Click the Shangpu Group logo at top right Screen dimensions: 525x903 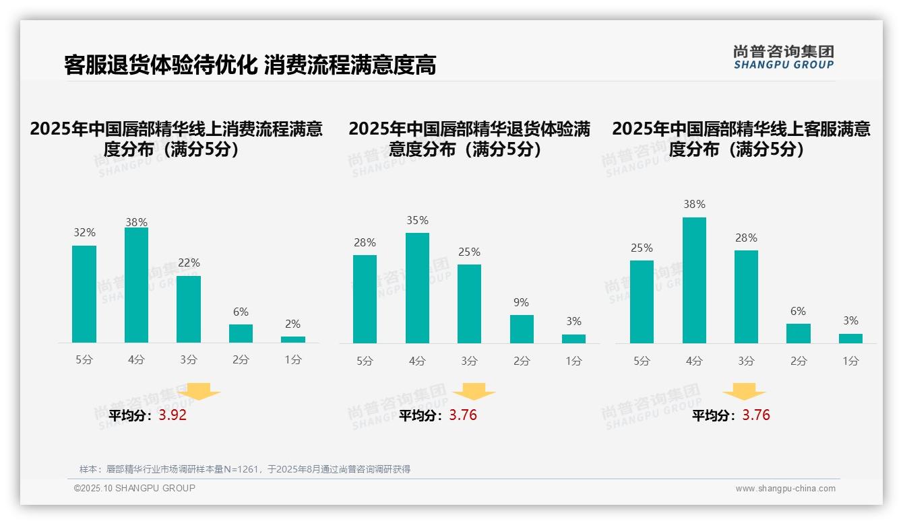783,57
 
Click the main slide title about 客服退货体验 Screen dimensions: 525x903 250,65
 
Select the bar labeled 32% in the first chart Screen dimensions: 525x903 84,294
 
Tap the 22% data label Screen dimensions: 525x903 188,262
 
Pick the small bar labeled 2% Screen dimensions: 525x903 293,339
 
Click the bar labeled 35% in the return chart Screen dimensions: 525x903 417,288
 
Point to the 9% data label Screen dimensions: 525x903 521,302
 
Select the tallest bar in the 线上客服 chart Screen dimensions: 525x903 694,280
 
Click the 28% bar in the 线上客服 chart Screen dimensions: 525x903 746,297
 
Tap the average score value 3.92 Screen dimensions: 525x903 173,415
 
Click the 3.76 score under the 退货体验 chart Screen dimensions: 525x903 463,415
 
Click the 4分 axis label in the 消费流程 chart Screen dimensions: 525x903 136,360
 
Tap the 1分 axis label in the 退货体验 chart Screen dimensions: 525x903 573,361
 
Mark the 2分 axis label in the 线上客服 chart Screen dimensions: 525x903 799,361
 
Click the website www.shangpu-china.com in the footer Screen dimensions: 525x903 785,489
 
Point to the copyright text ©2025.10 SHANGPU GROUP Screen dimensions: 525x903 135,488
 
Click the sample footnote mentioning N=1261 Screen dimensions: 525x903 245,469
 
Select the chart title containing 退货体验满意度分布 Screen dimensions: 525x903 469,139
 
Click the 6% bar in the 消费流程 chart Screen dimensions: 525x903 241,333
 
